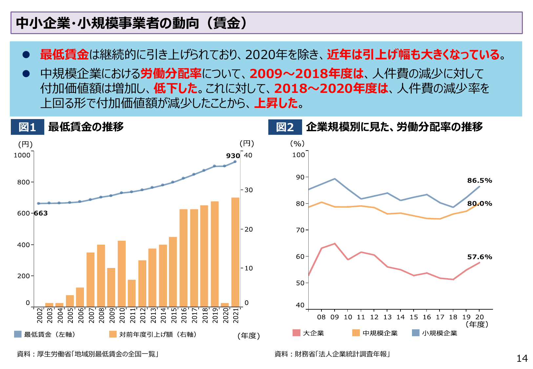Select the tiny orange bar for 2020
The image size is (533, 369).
coord(225,305)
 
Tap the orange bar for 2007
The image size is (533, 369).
coord(91,279)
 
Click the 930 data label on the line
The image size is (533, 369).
coord(233,156)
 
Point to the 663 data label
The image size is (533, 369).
coord(41,213)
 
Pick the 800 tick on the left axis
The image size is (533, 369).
coord(24,182)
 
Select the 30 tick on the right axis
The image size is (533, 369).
coord(249,190)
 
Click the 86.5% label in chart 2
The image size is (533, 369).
coord(480,181)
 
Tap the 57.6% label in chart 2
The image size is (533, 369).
coord(480,257)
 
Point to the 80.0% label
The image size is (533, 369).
coord(480,204)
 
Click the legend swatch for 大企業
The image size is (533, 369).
coord(297,333)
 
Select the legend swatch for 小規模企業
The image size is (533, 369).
coord(416,333)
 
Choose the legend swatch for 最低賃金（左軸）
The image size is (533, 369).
coord(18,334)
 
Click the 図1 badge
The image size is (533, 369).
coord(27,127)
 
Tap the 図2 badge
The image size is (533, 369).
coord(285,127)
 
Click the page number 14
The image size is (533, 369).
coord(522,359)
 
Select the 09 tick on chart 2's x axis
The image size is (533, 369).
coord(335,317)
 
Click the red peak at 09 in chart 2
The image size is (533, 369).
coord(335,244)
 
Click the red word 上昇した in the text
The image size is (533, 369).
coord(276,103)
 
